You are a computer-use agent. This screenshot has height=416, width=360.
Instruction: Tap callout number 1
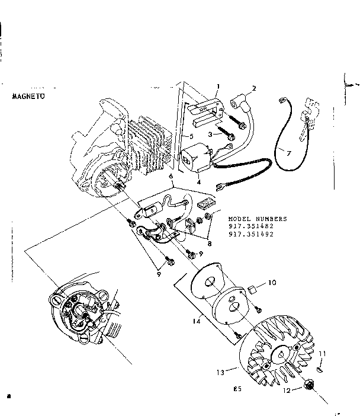217,87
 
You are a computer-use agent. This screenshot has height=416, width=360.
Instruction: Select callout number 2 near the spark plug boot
253,89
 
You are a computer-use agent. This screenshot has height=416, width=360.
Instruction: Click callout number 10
272,283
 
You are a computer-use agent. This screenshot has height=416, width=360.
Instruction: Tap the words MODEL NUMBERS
257,218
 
